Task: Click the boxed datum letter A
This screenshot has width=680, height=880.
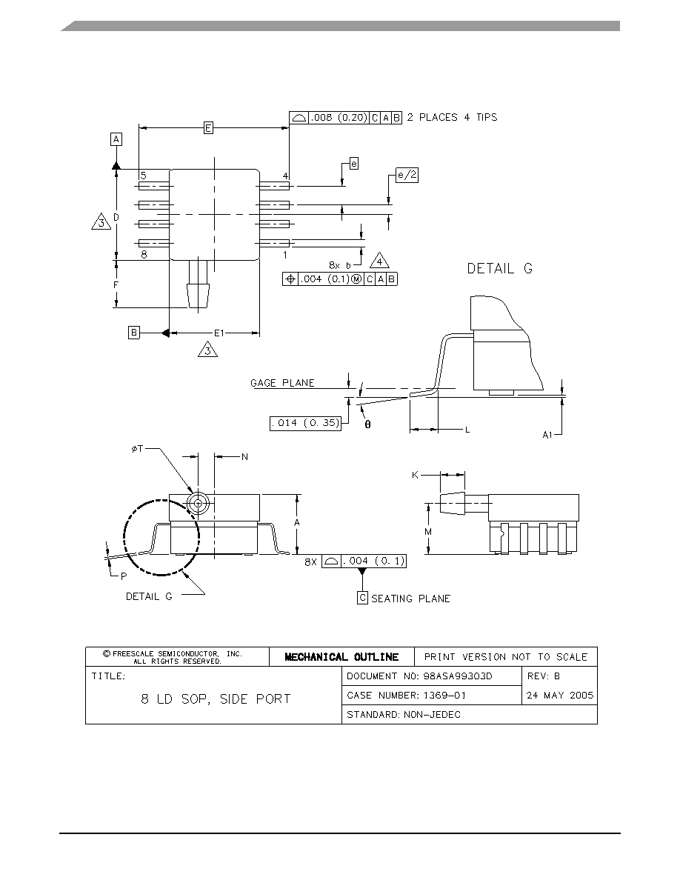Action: pyautogui.click(x=116, y=139)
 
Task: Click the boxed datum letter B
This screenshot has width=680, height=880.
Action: pyautogui.click(x=133, y=333)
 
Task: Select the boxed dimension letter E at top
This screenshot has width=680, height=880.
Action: pyautogui.click(x=208, y=128)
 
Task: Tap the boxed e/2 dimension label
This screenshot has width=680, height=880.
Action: pyautogui.click(x=407, y=175)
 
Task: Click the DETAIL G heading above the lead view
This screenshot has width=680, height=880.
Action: pyautogui.click(x=499, y=268)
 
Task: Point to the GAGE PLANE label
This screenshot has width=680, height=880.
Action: pyautogui.click(x=282, y=383)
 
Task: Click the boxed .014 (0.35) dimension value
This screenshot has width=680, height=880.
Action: pyautogui.click(x=306, y=423)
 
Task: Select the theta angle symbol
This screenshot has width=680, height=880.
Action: pyautogui.click(x=367, y=425)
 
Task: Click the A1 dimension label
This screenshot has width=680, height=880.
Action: pyautogui.click(x=547, y=435)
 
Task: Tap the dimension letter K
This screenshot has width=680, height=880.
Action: pyautogui.click(x=415, y=476)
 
